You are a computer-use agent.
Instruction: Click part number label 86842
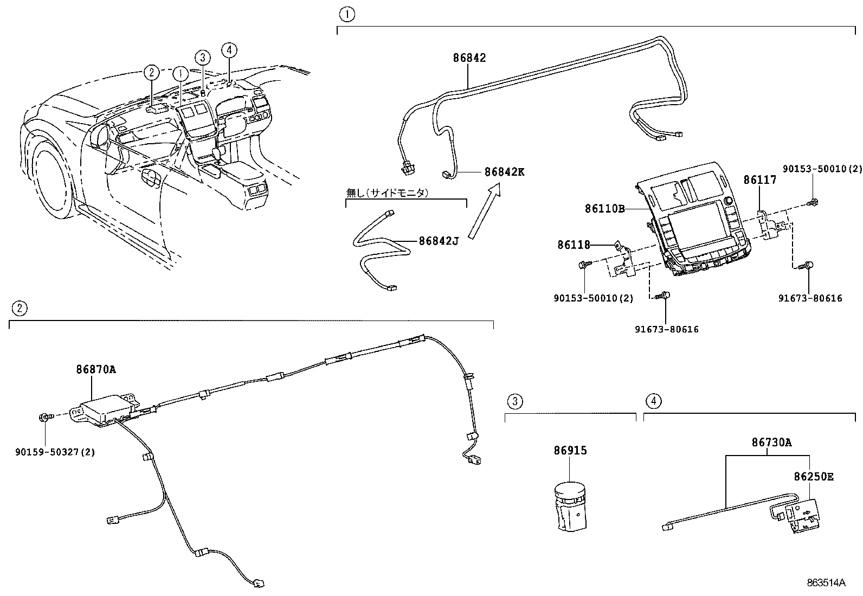(x=469, y=57)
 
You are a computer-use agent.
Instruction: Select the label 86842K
(x=504, y=172)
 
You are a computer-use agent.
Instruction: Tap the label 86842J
(x=439, y=241)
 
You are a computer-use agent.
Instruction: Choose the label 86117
(x=759, y=180)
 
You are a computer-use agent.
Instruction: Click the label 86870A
(x=95, y=370)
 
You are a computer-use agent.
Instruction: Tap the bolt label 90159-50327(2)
(x=55, y=452)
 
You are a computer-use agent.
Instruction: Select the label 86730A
(x=771, y=443)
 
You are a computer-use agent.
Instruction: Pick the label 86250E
(x=813, y=477)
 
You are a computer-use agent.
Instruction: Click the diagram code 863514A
(x=826, y=583)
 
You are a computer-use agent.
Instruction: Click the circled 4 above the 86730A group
(x=653, y=401)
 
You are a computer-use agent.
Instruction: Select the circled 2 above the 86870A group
(x=19, y=309)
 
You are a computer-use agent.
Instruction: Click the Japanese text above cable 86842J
(x=387, y=193)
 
